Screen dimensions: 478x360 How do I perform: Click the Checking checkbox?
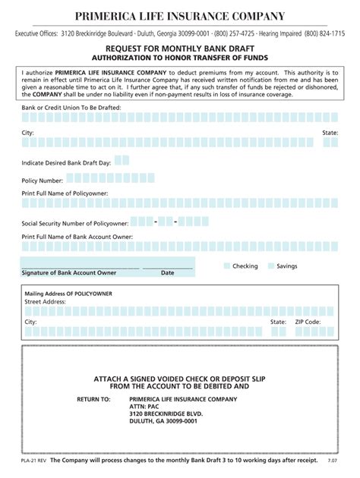(x=226, y=266)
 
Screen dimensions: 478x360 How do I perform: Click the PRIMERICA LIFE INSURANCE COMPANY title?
(x=180, y=16)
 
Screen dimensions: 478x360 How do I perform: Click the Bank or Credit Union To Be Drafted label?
(x=71, y=108)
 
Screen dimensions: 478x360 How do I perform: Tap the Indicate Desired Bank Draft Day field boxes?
(x=121, y=160)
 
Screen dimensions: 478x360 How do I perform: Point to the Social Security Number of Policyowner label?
(x=73, y=224)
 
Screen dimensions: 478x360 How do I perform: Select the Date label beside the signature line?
(x=167, y=272)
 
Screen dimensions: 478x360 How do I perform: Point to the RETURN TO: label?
(x=93, y=398)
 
